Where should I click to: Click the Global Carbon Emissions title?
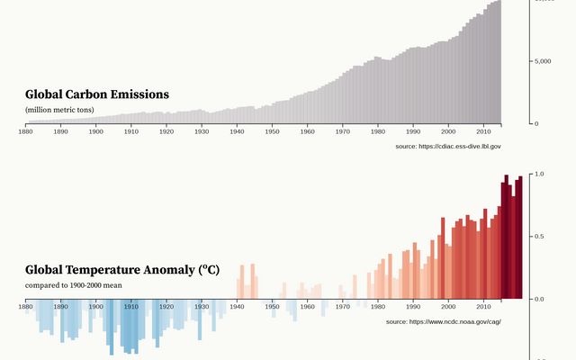(x=97, y=94)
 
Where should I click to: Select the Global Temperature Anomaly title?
(x=122, y=270)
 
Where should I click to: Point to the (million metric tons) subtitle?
(x=59, y=110)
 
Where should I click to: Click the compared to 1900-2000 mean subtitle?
(x=74, y=285)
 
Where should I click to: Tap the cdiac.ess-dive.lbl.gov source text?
(x=448, y=146)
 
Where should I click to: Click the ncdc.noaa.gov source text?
(x=444, y=321)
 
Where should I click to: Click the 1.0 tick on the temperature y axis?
(x=539, y=174)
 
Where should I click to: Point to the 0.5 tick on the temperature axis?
(x=539, y=237)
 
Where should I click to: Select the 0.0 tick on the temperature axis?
(x=539, y=299)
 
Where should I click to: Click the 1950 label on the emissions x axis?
(x=272, y=131)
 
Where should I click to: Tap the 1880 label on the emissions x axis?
(x=25, y=131)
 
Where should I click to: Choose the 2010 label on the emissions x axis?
(x=483, y=131)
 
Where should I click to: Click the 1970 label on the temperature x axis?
(x=342, y=307)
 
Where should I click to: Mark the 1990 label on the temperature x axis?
(x=413, y=307)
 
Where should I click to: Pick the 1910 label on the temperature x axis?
(x=130, y=307)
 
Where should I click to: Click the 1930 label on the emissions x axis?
(x=202, y=131)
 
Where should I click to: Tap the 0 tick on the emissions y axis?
(x=535, y=123)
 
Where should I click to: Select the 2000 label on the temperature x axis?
(x=448, y=307)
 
